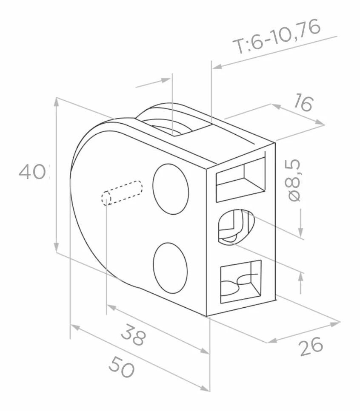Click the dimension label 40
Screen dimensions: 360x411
point(32,172)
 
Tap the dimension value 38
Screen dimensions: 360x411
point(134,334)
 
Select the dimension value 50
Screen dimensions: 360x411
point(122,367)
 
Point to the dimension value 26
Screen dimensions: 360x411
point(311,346)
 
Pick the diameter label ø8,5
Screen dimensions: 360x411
point(294,180)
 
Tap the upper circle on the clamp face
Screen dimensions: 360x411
point(171,189)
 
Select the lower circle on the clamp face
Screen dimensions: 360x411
point(170,268)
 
